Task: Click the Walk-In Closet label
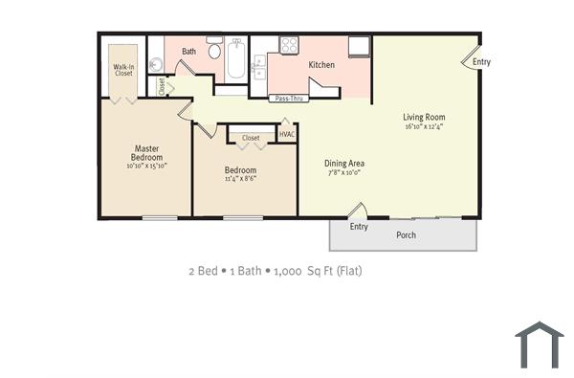coord(123,70)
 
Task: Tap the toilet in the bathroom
coord(215,50)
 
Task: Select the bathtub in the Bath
coord(236,58)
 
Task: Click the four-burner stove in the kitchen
coord(288,44)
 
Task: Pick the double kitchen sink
coord(258,66)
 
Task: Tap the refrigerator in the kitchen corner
coord(359,46)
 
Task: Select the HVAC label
coord(287,134)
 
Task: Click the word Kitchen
coord(321,64)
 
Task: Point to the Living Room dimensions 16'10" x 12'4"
coord(425,127)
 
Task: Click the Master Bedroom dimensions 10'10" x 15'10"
coord(146,166)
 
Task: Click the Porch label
coord(406,233)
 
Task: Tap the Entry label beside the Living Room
coord(481,62)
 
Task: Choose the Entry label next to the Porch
coord(359,227)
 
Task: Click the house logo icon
coord(540,345)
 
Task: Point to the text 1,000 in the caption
coord(288,271)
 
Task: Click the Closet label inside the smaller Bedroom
coord(251,138)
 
